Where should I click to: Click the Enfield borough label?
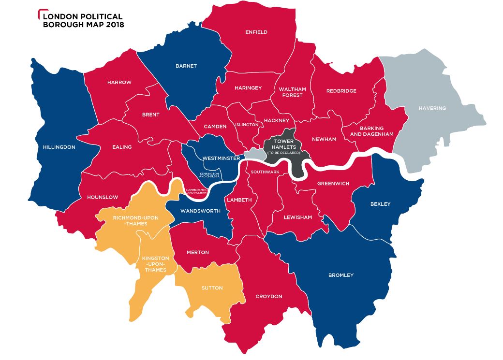click(x=256, y=32)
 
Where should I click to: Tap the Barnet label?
click(x=186, y=66)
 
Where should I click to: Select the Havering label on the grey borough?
click(x=432, y=108)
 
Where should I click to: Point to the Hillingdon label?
click(x=59, y=147)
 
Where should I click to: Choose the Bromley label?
click(x=341, y=275)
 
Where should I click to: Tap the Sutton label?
click(x=212, y=288)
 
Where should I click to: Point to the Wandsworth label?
click(x=200, y=211)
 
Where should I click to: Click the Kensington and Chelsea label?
click(x=209, y=175)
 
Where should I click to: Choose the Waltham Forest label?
click(x=292, y=92)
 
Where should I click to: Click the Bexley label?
click(x=380, y=204)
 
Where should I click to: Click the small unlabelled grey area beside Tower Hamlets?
click(x=255, y=154)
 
